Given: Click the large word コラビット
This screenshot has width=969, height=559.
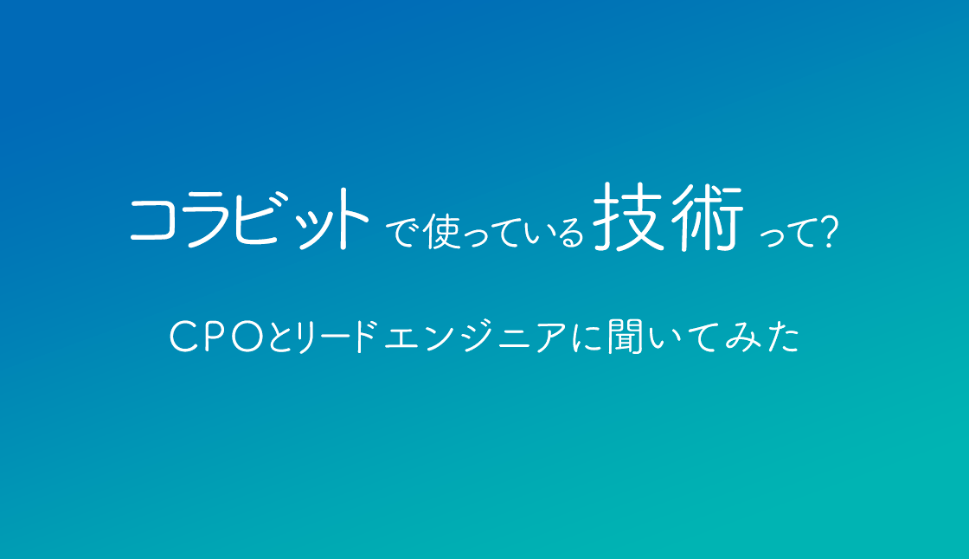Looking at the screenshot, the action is pos(250,220).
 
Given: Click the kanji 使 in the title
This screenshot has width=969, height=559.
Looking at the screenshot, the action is pos(442,231).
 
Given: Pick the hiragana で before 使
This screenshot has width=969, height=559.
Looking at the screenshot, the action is pos(403,233).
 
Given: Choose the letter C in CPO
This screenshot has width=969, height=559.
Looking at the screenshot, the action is pos(184,337).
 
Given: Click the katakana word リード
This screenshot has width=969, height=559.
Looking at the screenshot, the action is pos(337,337).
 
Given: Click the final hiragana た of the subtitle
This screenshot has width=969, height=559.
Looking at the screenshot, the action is pos(783,337).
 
